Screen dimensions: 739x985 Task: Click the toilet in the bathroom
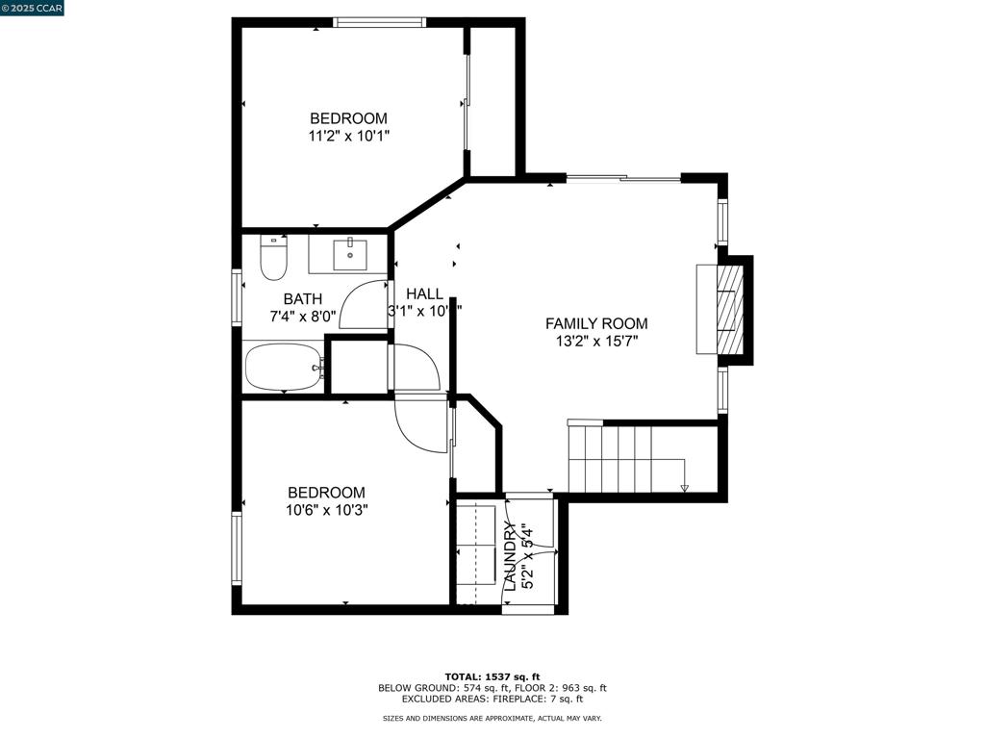[273, 258]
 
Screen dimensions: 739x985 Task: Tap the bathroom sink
[350, 255]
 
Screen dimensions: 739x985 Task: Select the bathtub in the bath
[283, 367]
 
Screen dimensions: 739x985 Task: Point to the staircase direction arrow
[684, 488]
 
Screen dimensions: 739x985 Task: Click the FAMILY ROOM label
[596, 324]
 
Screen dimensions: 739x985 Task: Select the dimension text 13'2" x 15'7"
[596, 341]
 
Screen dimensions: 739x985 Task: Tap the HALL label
[424, 294]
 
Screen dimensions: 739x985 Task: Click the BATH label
[302, 299]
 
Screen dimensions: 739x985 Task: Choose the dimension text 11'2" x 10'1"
[348, 136]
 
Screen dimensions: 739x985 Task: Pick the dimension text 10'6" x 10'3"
[326, 510]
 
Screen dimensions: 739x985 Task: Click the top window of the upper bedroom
[379, 22]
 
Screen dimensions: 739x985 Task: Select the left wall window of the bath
[237, 296]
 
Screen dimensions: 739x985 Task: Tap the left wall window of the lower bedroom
[237, 548]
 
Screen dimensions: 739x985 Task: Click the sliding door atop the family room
[623, 178]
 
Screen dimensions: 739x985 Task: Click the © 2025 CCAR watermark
[32, 8]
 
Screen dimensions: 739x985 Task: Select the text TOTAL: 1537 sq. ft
[492, 676]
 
